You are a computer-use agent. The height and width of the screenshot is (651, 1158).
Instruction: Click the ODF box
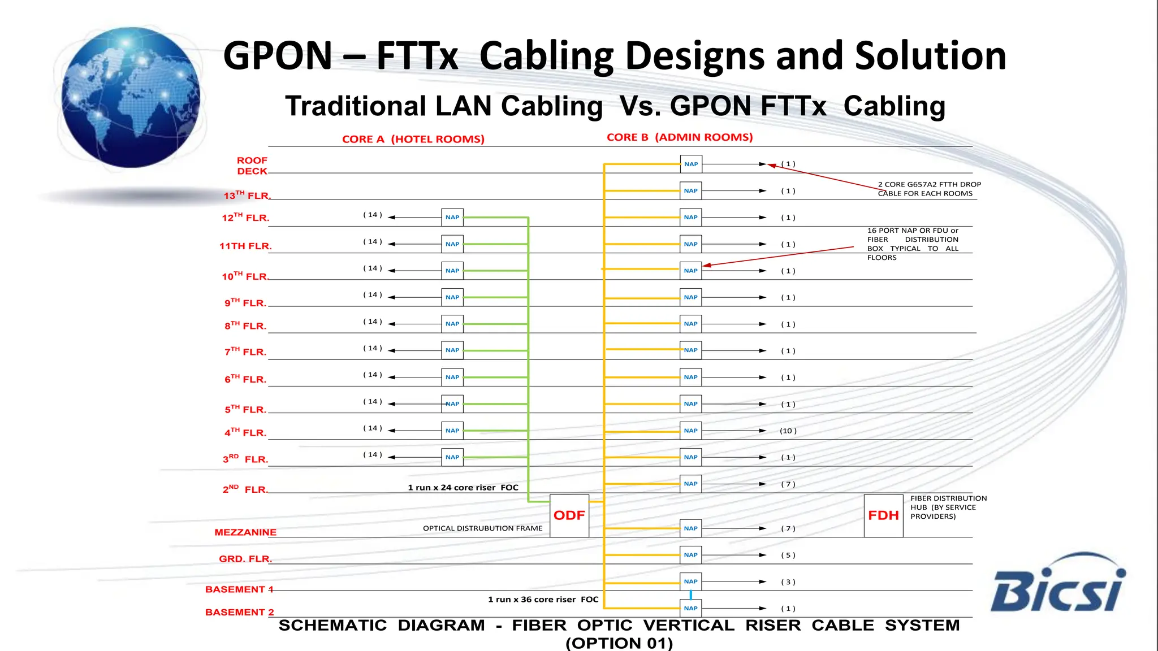[569, 515]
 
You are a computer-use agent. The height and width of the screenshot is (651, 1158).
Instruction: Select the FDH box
[883, 515]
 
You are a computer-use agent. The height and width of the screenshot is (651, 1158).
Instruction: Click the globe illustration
[131, 97]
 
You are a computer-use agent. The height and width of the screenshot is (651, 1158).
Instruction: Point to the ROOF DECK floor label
[252, 166]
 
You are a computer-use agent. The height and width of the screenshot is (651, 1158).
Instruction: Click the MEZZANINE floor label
[245, 532]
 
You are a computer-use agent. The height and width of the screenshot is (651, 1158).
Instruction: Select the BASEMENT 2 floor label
[240, 612]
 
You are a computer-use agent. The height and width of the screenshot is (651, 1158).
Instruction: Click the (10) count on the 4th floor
[788, 431]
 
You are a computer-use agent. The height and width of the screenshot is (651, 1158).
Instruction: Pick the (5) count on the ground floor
[788, 555]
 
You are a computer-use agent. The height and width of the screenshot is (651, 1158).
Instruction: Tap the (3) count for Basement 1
[788, 582]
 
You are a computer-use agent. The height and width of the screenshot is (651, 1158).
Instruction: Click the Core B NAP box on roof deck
[691, 164]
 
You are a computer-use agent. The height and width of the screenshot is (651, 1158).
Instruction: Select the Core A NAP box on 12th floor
[452, 217]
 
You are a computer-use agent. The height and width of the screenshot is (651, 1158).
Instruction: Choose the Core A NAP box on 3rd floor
[452, 457]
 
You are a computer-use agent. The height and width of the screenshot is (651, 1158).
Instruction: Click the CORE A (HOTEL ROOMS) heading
[413, 139]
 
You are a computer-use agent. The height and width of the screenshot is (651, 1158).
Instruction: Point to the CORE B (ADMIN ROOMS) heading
[680, 137]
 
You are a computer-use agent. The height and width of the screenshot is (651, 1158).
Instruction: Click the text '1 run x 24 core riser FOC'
[463, 488]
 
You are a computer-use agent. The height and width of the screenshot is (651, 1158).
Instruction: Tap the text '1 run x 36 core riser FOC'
[543, 599]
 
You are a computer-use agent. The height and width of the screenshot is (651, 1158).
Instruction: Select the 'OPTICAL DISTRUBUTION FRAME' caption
[482, 528]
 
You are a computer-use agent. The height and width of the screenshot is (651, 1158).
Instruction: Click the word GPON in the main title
[278, 55]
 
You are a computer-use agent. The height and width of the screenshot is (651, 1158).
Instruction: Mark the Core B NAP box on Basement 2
[691, 608]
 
